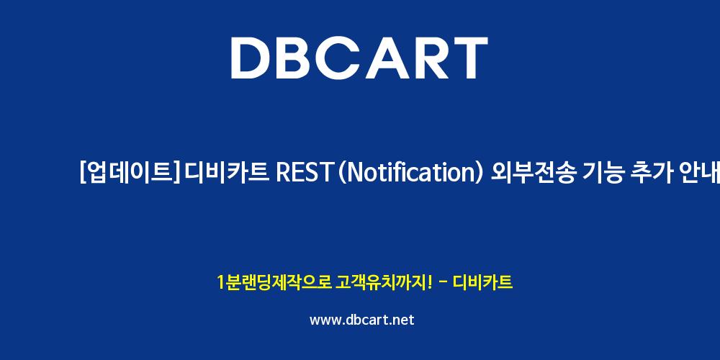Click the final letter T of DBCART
pyautogui.click(x=469, y=58)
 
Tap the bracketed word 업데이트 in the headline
pyautogui.click(x=130, y=173)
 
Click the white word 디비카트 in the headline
pyautogui.click(x=226, y=173)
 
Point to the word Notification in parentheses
pyautogui.click(x=411, y=173)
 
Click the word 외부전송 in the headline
pyautogui.click(x=532, y=173)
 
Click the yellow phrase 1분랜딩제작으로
pyautogui.click(x=274, y=282)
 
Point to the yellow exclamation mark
pyautogui.click(x=429, y=282)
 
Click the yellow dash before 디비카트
pyautogui.click(x=443, y=282)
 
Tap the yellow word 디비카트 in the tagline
pyautogui.click(x=482, y=282)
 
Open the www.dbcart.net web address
pyautogui.click(x=362, y=320)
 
